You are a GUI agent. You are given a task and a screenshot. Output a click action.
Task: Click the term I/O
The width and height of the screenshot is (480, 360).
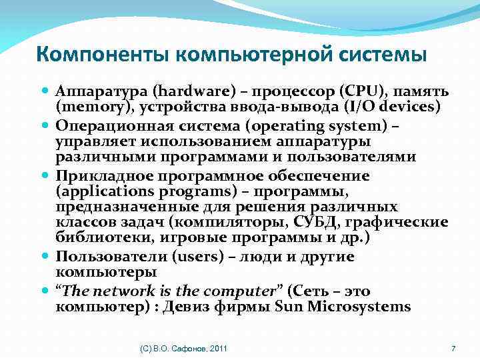click(355, 107)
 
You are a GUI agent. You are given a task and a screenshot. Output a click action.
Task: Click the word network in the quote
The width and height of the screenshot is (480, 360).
click(124, 291)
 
